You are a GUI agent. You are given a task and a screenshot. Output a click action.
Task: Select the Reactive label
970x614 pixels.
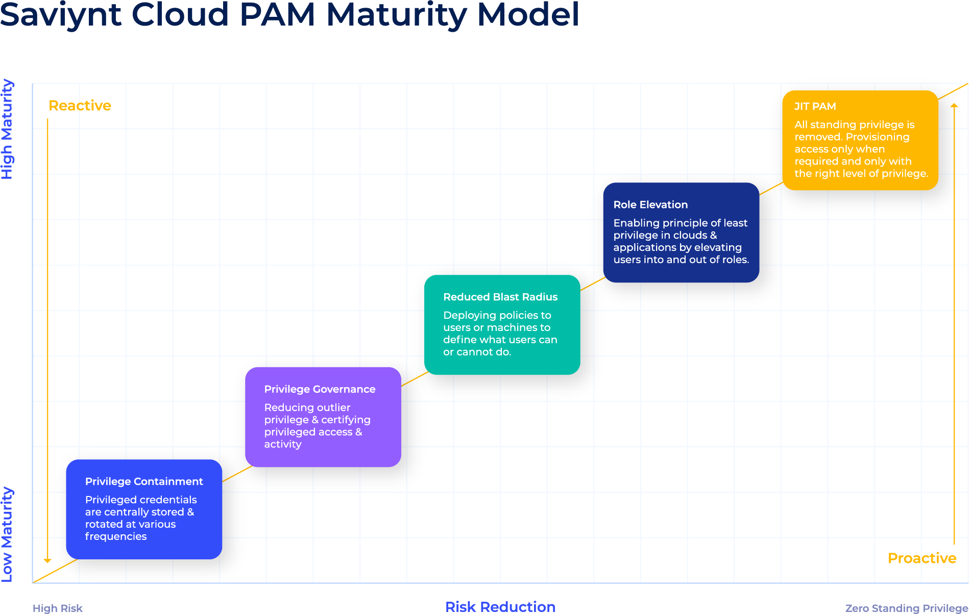tap(80, 106)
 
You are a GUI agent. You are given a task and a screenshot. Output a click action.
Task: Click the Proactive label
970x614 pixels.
tap(922, 558)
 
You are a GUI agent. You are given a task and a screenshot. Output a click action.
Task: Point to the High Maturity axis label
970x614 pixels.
tap(7, 129)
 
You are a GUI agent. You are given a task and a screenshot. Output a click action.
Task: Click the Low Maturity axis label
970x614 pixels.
tap(7, 534)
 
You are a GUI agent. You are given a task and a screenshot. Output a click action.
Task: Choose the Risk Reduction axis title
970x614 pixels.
tap(500, 607)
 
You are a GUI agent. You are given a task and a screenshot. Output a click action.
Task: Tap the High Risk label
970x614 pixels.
tap(57, 608)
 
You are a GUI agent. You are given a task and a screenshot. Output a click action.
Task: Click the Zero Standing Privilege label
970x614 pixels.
tap(907, 608)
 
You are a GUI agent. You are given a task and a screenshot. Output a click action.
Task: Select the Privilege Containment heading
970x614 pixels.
tap(144, 481)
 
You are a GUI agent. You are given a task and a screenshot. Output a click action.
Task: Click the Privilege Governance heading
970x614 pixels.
tap(320, 389)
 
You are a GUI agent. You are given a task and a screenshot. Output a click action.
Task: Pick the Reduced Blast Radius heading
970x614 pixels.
tap(500, 297)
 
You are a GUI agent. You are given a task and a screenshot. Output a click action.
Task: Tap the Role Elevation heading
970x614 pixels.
tap(650, 204)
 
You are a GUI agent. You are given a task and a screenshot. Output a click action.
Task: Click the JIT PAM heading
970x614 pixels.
tap(815, 106)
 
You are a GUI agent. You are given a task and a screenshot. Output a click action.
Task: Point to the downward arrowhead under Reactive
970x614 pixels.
tap(47, 560)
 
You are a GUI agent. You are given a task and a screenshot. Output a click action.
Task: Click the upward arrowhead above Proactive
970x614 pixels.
tap(954, 105)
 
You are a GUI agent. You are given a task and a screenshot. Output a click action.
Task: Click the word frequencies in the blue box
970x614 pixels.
tap(116, 536)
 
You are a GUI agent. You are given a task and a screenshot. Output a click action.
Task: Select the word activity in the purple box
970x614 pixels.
tap(283, 444)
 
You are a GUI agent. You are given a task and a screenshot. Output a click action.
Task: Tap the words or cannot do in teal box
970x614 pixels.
tap(477, 352)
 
